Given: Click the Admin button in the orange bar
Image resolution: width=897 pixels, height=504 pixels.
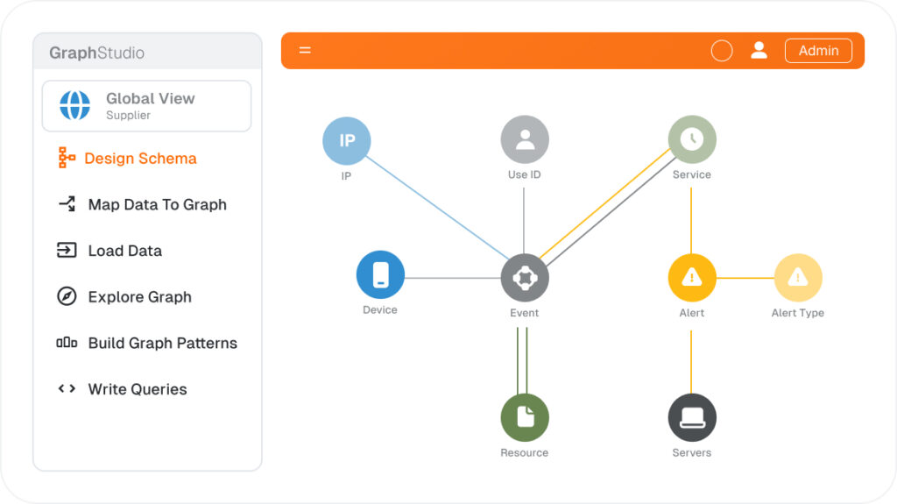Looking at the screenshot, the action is (x=818, y=51).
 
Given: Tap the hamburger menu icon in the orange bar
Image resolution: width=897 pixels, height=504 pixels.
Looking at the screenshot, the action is (x=305, y=51).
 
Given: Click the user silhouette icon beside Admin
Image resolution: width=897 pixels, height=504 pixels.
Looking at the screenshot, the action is (x=759, y=51).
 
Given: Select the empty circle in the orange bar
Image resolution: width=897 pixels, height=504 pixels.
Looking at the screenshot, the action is (x=722, y=51).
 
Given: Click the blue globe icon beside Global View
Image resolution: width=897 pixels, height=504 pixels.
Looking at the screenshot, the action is (x=75, y=105).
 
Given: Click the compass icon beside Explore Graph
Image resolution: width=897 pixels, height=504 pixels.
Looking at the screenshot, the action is (x=67, y=296).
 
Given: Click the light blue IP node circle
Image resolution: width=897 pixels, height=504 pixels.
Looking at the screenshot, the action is (x=347, y=141).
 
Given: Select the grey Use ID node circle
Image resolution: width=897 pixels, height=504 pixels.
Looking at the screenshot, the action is (x=525, y=139).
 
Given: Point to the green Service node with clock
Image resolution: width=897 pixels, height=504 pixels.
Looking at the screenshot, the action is (x=692, y=139).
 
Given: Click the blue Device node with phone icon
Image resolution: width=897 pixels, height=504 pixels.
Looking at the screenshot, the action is (x=380, y=275).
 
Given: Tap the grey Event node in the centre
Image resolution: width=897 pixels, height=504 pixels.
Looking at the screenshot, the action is (x=525, y=278).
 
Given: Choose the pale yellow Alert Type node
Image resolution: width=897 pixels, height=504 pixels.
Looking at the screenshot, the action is (x=798, y=278).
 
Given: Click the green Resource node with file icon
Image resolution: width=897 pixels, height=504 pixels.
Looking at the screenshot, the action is (x=525, y=417).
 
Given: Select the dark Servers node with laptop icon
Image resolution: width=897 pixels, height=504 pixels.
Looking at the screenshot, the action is (x=692, y=417).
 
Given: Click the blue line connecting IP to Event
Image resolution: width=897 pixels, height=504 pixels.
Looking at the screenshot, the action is (x=437, y=208).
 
